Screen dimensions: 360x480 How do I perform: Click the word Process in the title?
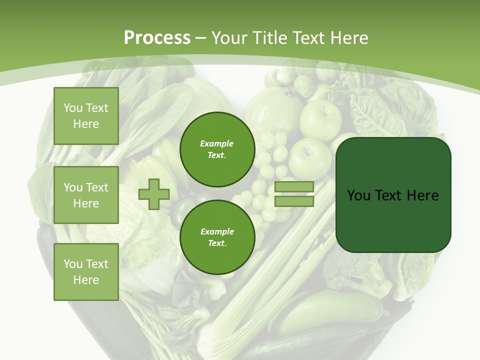coord(157,38)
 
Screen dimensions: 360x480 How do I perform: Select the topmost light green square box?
coord(86,116)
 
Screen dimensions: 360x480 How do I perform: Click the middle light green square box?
coord(86,195)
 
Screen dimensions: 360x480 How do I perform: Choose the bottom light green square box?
coord(86,271)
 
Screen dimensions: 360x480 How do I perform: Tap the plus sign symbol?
coord(154,194)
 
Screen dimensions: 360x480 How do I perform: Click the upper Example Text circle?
coord(217,149)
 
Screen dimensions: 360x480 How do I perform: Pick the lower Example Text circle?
coord(217,237)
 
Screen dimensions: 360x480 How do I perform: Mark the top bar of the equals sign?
coord(294,187)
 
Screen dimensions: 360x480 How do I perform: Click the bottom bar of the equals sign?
coord(294,201)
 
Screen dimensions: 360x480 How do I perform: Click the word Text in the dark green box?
coord(390,195)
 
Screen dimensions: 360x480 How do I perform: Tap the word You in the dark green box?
coord(358,195)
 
